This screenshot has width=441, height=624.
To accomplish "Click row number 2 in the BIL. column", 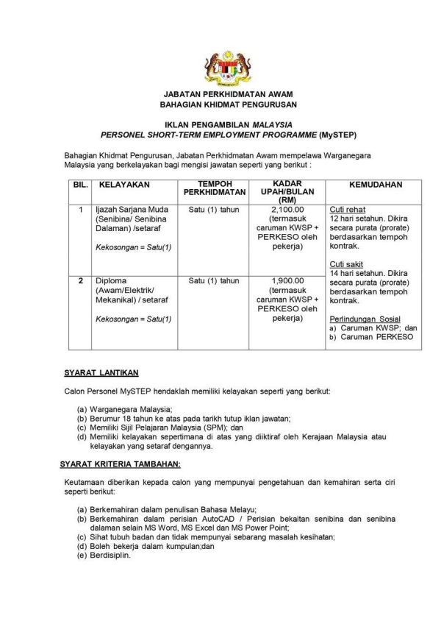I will click(81, 280).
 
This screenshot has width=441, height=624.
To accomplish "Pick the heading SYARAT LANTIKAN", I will click(101, 373).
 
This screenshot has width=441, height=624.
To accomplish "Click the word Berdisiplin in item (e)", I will click(110, 556).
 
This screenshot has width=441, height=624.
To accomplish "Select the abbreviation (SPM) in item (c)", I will click(210, 427).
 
